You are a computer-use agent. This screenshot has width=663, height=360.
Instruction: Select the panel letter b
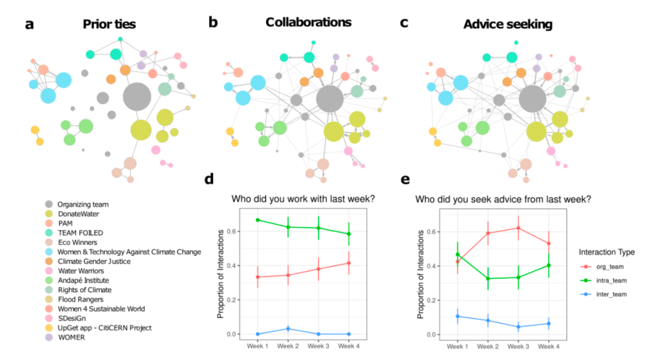click(213, 23)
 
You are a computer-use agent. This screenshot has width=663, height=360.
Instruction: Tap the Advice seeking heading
click(508, 25)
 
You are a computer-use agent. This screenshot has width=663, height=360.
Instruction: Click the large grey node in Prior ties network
click(137, 97)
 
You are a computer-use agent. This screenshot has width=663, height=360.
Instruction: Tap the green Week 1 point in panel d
click(240, 220)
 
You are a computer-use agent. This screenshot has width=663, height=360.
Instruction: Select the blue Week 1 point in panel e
click(458, 316)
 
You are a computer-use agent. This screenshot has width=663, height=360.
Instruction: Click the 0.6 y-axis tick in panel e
click(436, 232)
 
